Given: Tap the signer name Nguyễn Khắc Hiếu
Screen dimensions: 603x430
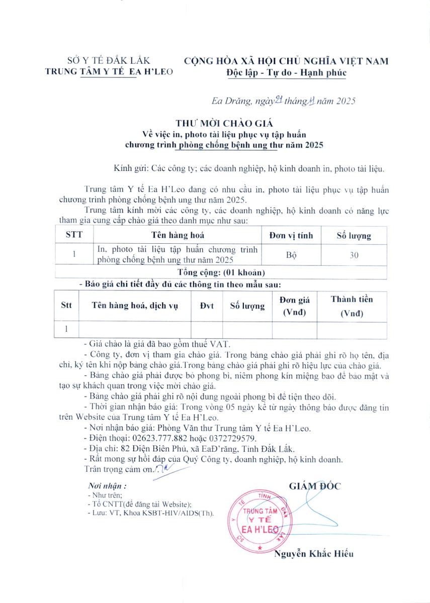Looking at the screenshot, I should point(314,554).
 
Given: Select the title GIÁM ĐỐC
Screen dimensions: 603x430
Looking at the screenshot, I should point(315,486).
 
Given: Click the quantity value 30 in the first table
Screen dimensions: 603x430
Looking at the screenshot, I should point(354,255).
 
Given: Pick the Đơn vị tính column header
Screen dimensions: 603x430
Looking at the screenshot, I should point(291,235).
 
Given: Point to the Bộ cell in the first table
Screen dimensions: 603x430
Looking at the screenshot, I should point(291,255).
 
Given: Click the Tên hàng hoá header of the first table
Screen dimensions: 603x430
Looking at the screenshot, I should point(178,235).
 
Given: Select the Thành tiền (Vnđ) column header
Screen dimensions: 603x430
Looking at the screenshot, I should point(352,307).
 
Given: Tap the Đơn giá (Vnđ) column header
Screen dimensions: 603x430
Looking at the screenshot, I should point(294,307).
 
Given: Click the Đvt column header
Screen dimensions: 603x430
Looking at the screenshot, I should point(207,306).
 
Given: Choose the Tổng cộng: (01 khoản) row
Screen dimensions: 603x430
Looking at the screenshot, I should point(221,272).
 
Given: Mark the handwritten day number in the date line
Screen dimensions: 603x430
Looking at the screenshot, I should point(278,100).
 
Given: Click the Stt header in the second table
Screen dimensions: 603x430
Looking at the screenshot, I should point(66,306).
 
